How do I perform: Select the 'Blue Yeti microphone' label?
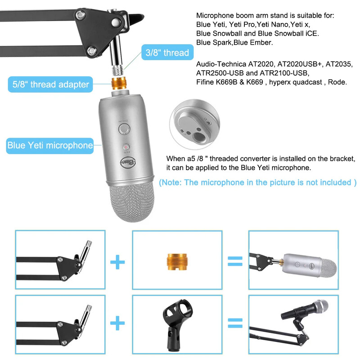tap(50, 145)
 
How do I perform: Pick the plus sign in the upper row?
tap(118, 261)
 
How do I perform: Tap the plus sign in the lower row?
tap(118, 322)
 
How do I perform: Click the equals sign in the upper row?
tap(234, 261)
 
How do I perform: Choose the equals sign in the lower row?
tap(234, 322)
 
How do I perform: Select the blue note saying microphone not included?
tap(258, 182)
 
